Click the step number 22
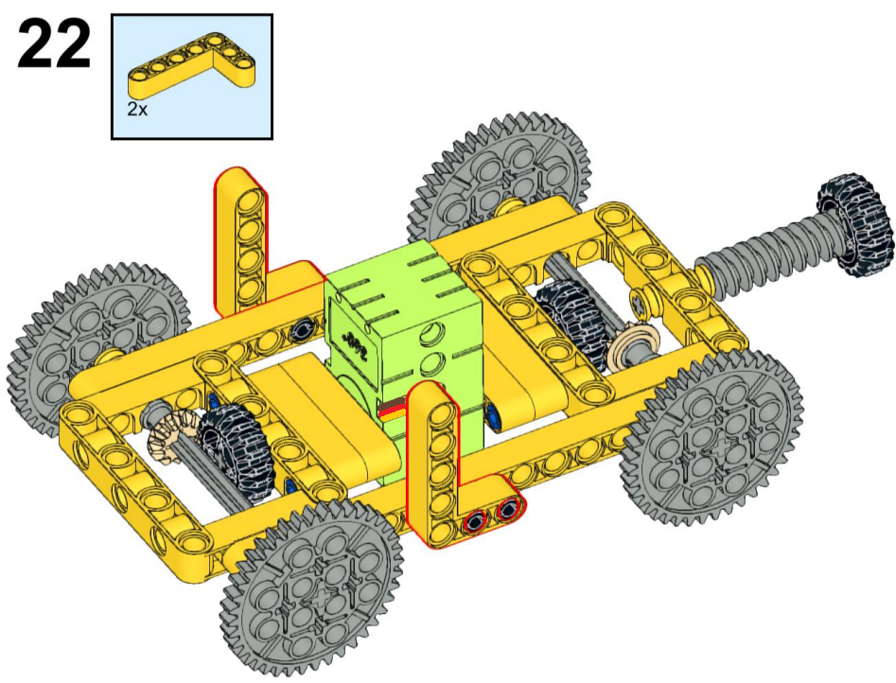[x=54, y=44]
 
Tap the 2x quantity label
[x=137, y=110]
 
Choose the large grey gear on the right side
[x=712, y=437]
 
